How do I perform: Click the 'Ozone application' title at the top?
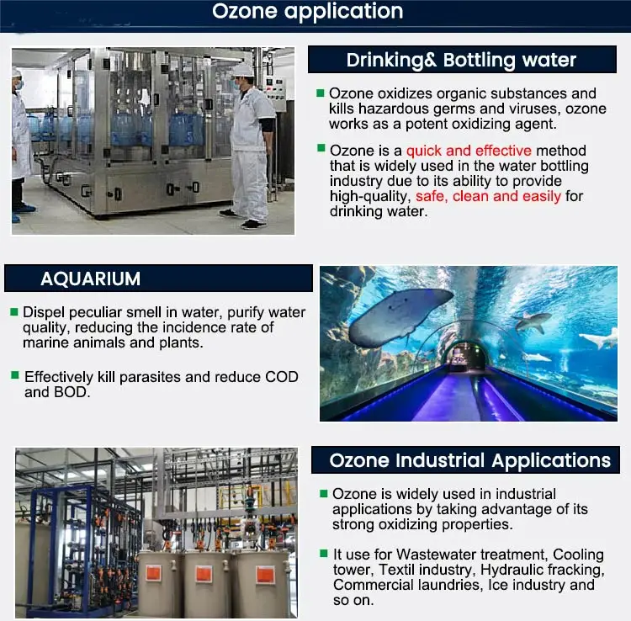(x=307, y=12)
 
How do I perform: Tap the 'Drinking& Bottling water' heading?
(x=461, y=61)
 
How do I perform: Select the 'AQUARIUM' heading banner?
(x=91, y=279)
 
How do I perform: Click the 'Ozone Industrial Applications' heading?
(x=469, y=460)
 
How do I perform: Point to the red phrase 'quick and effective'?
(x=469, y=151)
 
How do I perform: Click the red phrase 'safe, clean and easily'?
(x=488, y=196)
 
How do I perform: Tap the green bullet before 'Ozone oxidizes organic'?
(x=321, y=93)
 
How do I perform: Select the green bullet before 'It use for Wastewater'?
(x=324, y=554)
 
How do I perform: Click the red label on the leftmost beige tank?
(x=154, y=572)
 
